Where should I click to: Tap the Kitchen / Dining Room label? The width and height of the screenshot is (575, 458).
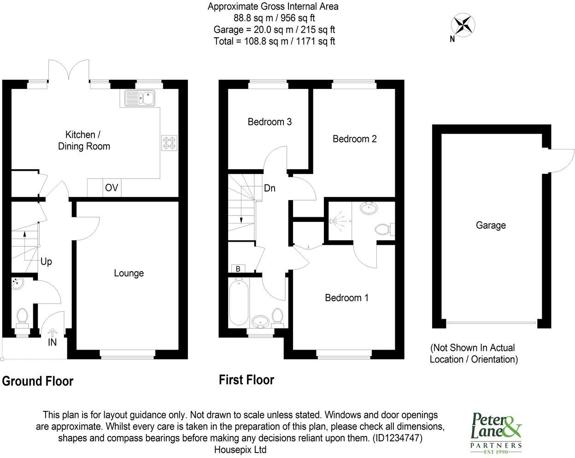point(84,141)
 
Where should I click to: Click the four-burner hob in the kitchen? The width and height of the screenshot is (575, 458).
point(169,143)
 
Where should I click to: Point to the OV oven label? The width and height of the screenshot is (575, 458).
point(111,188)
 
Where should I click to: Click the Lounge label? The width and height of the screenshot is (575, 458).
point(129,273)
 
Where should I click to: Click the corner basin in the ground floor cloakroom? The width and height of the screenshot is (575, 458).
point(18,283)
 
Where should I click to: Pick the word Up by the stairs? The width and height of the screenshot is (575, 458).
point(46,262)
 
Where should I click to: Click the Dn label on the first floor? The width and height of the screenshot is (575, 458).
point(270,188)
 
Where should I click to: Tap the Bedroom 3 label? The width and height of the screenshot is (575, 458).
point(270,122)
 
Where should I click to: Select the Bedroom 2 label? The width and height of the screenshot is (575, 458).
point(355,139)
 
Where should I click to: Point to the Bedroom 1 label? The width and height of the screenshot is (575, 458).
point(346,298)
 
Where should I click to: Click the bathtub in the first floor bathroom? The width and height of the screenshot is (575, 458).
point(239,302)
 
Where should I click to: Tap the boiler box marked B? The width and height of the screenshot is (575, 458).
point(238,268)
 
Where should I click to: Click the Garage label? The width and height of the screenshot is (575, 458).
point(491,226)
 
